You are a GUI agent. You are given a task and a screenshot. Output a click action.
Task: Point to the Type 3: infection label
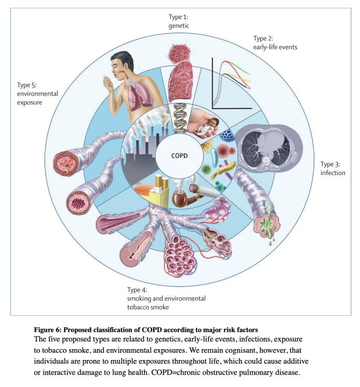coord(332,168)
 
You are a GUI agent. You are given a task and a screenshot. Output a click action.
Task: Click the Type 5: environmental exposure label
coord(37,94)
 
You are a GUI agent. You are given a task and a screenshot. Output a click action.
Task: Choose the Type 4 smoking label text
coord(166,298)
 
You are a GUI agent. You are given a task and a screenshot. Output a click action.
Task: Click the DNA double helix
coord(180,117)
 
